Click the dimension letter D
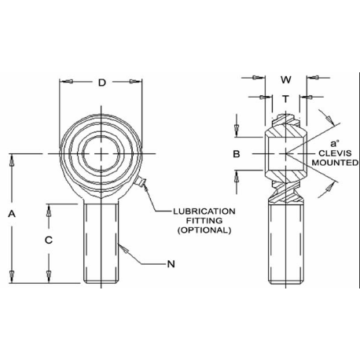click(x=101, y=83)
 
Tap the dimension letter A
click(x=12, y=214)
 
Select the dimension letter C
click(x=49, y=240)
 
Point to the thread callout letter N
click(x=171, y=264)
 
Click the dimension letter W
click(x=286, y=79)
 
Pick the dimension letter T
click(x=285, y=99)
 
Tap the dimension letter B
click(x=237, y=154)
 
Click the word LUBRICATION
click(x=204, y=211)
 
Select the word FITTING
click(x=204, y=221)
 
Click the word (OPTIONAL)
click(x=204, y=230)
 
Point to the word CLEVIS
click(x=335, y=153)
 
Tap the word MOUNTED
click(x=335, y=163)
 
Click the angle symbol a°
click(x=334, y=144)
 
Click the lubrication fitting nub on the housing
click(x=140, y=182)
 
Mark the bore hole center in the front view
click(x=101, y=153)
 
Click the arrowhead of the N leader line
click(x=123, y=248)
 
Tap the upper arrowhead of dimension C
click(x=49, y=211)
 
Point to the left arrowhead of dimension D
click(x=66, y=81)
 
